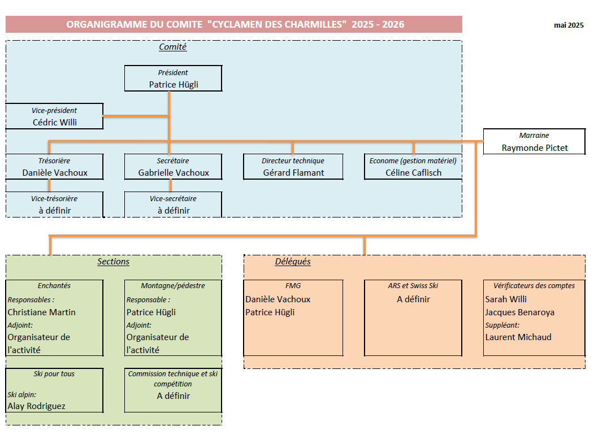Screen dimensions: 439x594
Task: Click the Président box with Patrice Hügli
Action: [x=173, y=79]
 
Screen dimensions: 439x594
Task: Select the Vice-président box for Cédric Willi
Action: [x=55, y=116]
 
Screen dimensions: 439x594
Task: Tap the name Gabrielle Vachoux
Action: [x=174, y=173]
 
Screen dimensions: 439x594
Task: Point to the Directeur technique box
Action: [x=293, y=167]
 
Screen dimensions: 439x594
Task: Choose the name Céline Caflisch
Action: [x=413, y=173]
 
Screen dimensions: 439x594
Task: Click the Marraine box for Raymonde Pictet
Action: [x=534, y=142]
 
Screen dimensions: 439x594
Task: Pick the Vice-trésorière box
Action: [x=55, y=205]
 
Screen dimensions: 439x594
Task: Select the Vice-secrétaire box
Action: [x=173, y=205]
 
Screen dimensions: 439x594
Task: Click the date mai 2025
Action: [x=569, y=25]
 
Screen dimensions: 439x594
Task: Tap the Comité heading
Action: [x=173, y=47]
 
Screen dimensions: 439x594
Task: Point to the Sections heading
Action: [x=113, y=262]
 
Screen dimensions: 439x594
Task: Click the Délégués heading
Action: [x=293, y=262]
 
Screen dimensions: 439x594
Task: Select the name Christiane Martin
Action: [x=42, y=312]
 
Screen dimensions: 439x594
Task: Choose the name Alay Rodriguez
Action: [x=37, y=406]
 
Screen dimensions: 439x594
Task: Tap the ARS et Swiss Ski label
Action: [x=413, y=286]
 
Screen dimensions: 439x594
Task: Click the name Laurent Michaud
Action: [x=518, y=337]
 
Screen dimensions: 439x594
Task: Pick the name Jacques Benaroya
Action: [x=519, y=312]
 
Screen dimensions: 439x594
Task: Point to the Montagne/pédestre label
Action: [x=173, y=286]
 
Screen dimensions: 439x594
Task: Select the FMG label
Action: [x=293, y=286]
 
